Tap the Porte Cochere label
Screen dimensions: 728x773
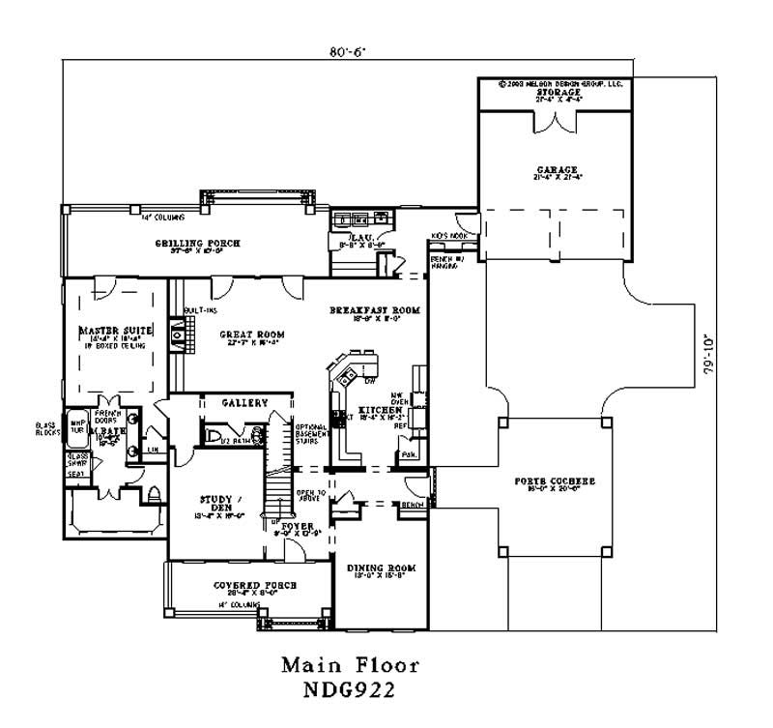(x=555, y=480)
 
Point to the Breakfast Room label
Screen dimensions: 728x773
(x=375, y=310)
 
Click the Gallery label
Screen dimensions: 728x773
(x=244, y=402)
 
